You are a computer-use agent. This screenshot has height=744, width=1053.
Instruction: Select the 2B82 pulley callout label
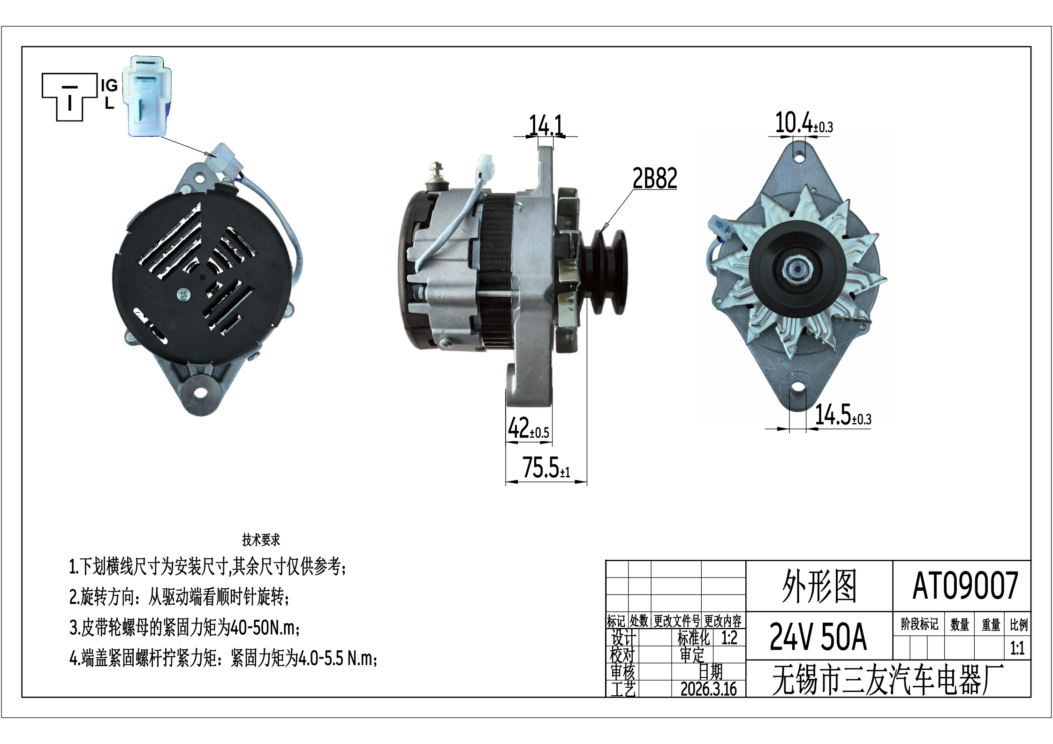point(655,178)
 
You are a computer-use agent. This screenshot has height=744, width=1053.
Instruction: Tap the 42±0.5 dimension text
point(529,428)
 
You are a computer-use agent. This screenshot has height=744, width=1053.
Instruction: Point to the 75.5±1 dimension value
point(546,467)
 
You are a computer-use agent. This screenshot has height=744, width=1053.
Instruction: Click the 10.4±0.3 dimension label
point(803,123)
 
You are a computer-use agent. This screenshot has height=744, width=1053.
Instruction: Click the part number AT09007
point(965,586)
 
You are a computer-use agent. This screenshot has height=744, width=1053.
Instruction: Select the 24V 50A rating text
point(818,636)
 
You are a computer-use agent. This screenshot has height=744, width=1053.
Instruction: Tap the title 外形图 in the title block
point(819,586)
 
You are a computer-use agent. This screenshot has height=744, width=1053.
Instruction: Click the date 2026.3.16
point(708,689)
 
